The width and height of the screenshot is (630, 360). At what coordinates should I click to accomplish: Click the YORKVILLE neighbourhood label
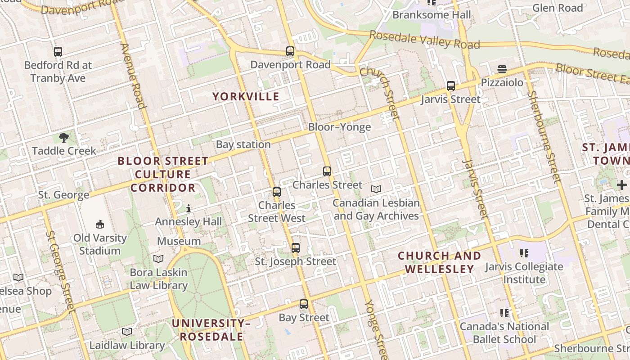click(x=246, y=96)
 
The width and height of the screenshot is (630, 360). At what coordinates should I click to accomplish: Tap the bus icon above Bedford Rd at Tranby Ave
click(x=58, y=52)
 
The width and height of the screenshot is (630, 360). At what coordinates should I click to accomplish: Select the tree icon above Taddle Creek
click(x=64, y=137)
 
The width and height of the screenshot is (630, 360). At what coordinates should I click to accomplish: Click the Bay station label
click(x=243, y=144)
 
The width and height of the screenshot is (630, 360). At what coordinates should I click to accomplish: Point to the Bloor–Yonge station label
click(x=339, y=127)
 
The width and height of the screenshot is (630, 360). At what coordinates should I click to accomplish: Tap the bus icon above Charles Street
click(x=327, y=171)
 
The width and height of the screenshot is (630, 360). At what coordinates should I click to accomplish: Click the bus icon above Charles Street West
click(x=277, y=192)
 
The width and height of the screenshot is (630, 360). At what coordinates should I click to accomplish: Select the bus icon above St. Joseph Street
click(x=296, y=248)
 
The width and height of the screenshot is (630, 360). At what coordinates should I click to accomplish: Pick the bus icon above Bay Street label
click(x=304, y=304)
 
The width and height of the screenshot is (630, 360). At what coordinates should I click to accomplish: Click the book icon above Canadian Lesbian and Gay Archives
click(x=376, y=189)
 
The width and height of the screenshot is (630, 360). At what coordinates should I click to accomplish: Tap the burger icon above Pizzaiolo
click(x=502, y=69)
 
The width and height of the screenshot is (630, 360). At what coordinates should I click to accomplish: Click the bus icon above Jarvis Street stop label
click(x=450, y=86)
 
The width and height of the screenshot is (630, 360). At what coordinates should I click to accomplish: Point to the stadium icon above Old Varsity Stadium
click(x=100, y=224)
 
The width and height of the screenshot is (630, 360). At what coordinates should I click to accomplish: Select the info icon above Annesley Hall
click(x=189, y=208)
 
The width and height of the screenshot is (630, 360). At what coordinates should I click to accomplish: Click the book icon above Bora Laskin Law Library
click(x=158, y=259)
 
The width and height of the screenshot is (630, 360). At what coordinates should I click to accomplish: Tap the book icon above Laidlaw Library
click(x=127, y=332)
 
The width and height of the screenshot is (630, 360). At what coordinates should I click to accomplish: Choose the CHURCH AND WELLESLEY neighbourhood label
click(x=439, y=262)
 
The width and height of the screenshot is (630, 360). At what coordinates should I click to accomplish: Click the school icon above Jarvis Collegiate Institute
click(x=524, y=253)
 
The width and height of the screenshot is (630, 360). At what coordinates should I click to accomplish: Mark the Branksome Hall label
click(x=432, y=15)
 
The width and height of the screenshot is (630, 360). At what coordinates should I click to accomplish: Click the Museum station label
click(x=179, y=241)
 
